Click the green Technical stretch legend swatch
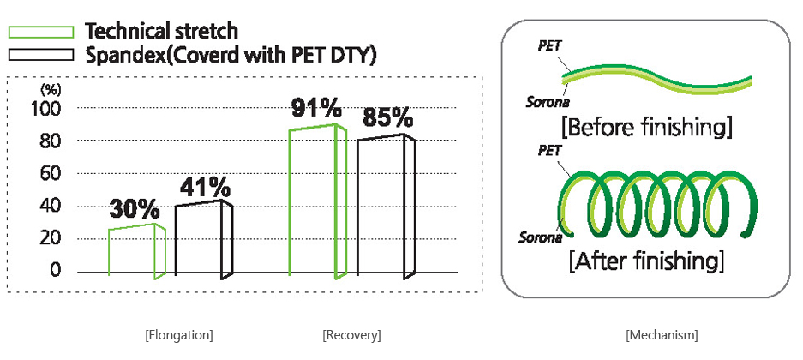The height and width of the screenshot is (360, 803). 41,32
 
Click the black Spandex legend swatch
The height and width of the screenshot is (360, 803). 41,54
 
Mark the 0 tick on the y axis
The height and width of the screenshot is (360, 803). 55,270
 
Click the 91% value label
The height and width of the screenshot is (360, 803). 316,109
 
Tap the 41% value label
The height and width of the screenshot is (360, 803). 205,188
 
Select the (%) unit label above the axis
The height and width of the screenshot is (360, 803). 51,90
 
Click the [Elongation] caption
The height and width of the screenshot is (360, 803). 179,335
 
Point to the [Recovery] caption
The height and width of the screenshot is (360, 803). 352,335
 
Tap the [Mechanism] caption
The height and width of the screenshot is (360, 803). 662,335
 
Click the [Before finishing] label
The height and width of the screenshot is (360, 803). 646,127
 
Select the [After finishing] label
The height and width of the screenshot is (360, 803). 646,261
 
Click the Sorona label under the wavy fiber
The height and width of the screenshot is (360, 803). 548,102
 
